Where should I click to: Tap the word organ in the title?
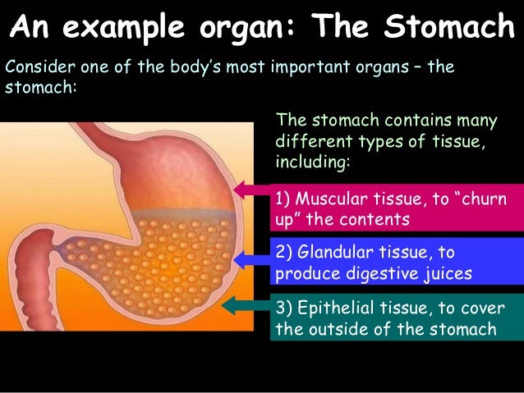(x=251, y=27)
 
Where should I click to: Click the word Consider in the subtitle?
(x=33, y=66)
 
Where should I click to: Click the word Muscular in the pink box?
(x=326, y=199)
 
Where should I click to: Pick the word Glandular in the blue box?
(x=330, y=252)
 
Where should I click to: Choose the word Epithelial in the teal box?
(x=329, y=308)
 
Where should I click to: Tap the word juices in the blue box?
(x=444, y=273)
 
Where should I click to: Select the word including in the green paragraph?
(x=315, y=162)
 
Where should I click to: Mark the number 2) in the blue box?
(x=283, y=252)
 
